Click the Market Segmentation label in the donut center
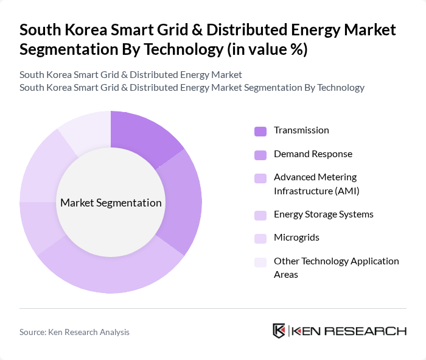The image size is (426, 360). click(x=111, y=203)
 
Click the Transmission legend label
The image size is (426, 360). click(x=301, y=130)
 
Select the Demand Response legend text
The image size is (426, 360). click(x=313, y=154)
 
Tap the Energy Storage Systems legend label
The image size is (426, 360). click(x=323, y=214)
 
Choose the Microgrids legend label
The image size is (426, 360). click(x=296, y=238)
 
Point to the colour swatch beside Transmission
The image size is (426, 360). click(x=260, y=131)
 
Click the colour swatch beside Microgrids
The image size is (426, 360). click(x=260, y=238)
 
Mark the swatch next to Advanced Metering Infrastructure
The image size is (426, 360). click(x=260, y=178)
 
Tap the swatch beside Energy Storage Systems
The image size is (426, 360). click(x=260, y=215)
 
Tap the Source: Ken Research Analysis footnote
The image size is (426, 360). click(x=74, y=332)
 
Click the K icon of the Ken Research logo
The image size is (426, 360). click(x=279, y=331)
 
